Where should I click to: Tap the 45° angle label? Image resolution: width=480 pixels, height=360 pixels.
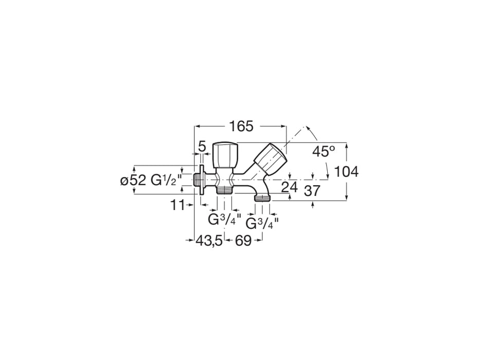tap(324, 151)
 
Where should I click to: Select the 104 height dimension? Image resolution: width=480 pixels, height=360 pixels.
tap(346, 172)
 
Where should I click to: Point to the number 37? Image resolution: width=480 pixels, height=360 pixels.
tap(312, 191)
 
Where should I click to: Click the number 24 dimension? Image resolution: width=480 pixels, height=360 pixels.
tap(290, 187)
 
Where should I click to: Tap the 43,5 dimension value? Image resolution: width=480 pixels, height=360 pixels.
tap(209, 240)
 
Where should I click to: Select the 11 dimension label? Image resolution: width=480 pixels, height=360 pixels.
tap(177, 205)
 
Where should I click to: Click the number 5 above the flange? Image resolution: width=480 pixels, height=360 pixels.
tap(202, 147)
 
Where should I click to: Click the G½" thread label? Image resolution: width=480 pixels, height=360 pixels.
tap(164, 180)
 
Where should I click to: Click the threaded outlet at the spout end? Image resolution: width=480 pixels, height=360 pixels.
tap(262, 198)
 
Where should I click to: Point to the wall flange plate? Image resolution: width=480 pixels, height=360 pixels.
tap(202, 180)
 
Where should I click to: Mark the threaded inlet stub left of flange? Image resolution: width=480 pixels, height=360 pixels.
tap(197, 180)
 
